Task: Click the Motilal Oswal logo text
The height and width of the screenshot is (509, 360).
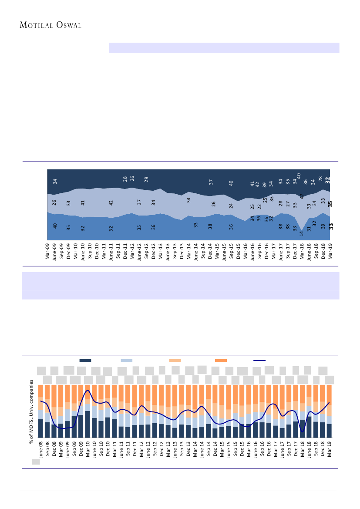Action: tap(50, 25)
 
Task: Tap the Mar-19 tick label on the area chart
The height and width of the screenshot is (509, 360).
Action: tap(330, 251)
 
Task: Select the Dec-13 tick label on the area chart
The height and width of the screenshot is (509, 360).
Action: tap(182, 251)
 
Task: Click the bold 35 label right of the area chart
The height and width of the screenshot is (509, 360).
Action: tap(330, 204)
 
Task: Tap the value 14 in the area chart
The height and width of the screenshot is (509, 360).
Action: tap(302, 233)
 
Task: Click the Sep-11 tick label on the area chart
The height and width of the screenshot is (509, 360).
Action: tap(118, 251)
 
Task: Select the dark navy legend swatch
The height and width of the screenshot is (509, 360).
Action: tap(85, 361)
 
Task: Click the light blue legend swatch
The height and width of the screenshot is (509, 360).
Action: tap(126, 361)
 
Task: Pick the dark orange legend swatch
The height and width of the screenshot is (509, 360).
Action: tap(221, 361)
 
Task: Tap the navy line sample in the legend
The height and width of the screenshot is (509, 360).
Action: tap(259, 361)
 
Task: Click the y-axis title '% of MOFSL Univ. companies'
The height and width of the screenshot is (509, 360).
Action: tap(31, 411)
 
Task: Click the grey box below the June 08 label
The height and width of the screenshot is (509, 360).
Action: tap(36, 462)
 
